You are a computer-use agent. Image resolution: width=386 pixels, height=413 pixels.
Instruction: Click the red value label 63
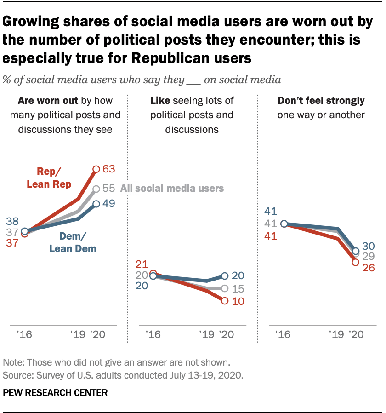pyautogui.click(x=108, y=169)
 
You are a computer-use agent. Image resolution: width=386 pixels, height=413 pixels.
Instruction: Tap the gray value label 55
pyautogui.click(x=108, y=189)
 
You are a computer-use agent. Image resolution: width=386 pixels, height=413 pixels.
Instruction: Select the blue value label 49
pyautogui.click(x=108, y=203)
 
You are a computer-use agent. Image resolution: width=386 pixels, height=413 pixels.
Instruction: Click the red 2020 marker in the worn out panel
pyautogui.click(x=96, y=169)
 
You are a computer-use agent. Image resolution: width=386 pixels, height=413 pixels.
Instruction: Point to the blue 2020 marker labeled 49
pyautogui.click(x=96, y=204)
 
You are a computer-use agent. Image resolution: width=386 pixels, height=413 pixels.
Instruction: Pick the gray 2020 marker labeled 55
pyautogui.click(x=96, y=189)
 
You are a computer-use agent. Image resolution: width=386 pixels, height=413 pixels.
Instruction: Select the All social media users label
pyautogui.click(x=172, y=188)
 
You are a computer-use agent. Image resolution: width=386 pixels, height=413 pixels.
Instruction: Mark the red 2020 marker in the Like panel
pyautogui.click(x=225, y=301)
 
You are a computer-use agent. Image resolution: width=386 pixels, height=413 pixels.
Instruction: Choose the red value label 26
pyautogui.click(x=369, y=268)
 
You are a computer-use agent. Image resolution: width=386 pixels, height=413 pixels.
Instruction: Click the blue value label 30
pyautogui.click(x=369, y=247)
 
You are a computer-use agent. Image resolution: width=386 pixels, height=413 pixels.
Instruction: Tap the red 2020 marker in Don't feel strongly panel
pyautogui.click(x=355, y=262)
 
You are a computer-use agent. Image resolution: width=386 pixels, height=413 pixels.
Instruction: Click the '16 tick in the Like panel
pyautogui.click(x=152, y=334)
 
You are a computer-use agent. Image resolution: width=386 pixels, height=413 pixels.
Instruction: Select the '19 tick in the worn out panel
pyautogui.click(x=77, y=334)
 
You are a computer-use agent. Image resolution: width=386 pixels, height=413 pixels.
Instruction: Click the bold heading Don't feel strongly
pyautogui.click(x=321, y=100)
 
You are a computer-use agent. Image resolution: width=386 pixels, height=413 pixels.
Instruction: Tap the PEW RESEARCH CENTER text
pyautogui.click(x=55, y=393)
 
